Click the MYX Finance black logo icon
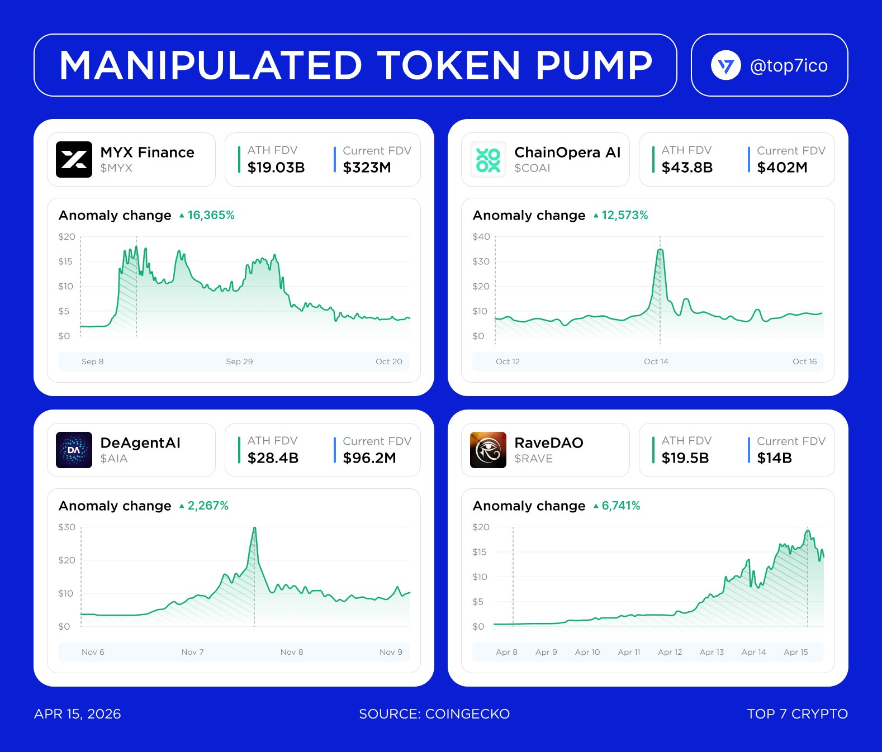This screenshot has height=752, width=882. tap(74, 159)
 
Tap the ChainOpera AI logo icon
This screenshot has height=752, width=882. tap(488, 159)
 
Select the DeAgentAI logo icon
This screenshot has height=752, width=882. tap(74, 450)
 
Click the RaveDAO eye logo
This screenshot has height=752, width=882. tap(488, 450)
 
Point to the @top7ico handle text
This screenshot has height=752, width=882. tap(788, 66)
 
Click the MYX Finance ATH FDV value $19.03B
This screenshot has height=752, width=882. tap(276, 168)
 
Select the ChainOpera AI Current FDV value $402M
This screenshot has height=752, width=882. tap(782, 168)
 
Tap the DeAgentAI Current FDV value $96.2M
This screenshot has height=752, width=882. tap(369, 458)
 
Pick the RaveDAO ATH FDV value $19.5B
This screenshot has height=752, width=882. tap(685, 458)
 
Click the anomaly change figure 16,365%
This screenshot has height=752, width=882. tap(211, 215)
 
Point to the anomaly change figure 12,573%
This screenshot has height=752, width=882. tap(624, 215)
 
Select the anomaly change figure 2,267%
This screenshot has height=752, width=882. tap(208, 506)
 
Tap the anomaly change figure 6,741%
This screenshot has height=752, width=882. tap(620, 506)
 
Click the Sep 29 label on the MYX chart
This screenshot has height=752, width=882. tap(239, 361)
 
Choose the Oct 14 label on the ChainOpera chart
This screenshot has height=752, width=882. tap(656, 361)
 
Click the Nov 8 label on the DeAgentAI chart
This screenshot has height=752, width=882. tap(292, 652)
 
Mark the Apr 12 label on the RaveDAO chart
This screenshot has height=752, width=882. tap(670, 652)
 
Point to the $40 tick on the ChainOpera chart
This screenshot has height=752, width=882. tap(481, 237)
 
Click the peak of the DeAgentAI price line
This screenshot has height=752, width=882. tap(254, 528)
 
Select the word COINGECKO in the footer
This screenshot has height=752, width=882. tap(467, 714)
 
